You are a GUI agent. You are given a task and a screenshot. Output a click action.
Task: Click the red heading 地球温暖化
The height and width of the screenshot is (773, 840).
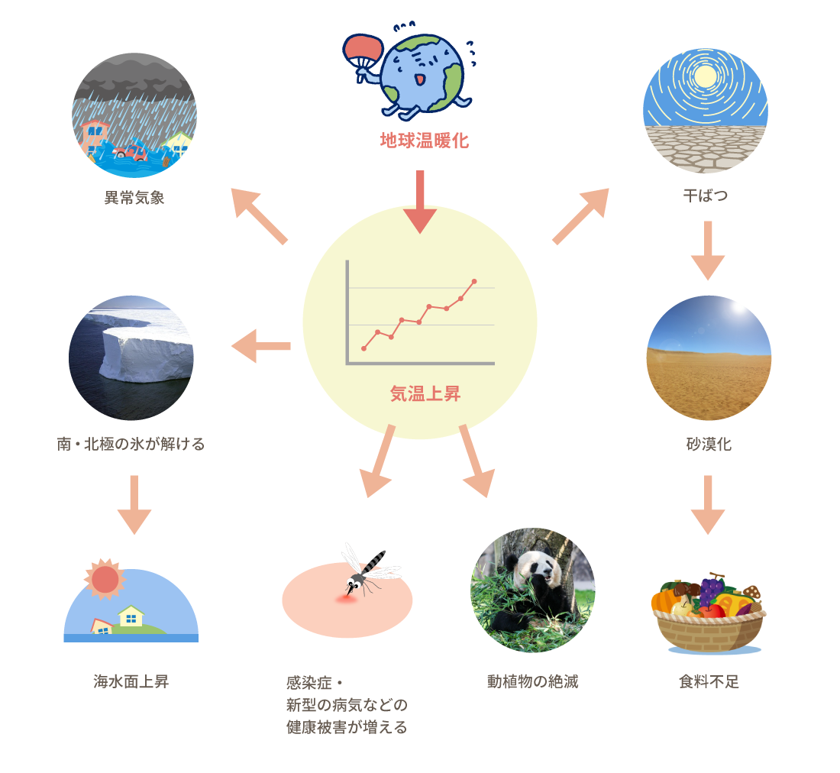pyautogui.click(x=425, y=141)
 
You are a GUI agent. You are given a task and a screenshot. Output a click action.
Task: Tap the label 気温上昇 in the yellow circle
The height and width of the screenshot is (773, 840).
pyautogui.click(x=425, y=393)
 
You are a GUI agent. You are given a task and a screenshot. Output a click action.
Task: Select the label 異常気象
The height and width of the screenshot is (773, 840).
pyautogui.click(x=134, y=198)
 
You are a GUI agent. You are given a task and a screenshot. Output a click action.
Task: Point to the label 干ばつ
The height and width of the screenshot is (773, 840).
pyautogui.click(x=706, y=195)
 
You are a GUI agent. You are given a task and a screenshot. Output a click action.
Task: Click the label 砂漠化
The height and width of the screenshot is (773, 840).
pyautogui.click(x=708, y=444)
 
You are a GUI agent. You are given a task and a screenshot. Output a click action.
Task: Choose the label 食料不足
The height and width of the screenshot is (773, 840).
pyautogui.click(x=708, y=681)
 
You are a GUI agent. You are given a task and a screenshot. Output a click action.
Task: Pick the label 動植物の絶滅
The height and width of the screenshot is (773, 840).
pyautogui.click(x=532, y=681)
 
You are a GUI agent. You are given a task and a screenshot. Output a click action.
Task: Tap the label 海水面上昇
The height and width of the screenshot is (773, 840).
pyautogui.click(x=131, y=681)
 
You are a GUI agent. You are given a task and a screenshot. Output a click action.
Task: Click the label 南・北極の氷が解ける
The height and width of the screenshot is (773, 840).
pyautogui.click(x=131, y=444)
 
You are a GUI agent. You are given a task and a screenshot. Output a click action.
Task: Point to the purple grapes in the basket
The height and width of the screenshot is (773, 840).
pyautogui.click(x=711, y=589)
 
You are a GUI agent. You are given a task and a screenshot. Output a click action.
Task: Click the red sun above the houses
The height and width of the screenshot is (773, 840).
pyautogui.click(x=105, y=579)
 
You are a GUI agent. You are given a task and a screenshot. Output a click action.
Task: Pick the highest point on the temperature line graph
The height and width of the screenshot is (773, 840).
pyautogui.click(x=474, y=281)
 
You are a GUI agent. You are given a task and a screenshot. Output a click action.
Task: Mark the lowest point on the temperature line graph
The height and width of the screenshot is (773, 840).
pyautogui.click(x=364, y=349)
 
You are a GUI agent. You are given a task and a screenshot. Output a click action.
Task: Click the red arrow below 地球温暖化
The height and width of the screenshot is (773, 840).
pyautogui.click(x=420, y=202)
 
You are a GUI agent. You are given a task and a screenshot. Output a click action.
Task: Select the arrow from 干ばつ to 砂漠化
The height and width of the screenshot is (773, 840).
pyautogui.click(x=708, y=251)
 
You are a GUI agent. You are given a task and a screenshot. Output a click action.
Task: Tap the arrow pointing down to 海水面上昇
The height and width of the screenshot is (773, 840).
pyautogui.click(x=134, y=505)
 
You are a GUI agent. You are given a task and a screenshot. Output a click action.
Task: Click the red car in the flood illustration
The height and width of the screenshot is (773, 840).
pyautogui.click(x=132, y=152)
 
